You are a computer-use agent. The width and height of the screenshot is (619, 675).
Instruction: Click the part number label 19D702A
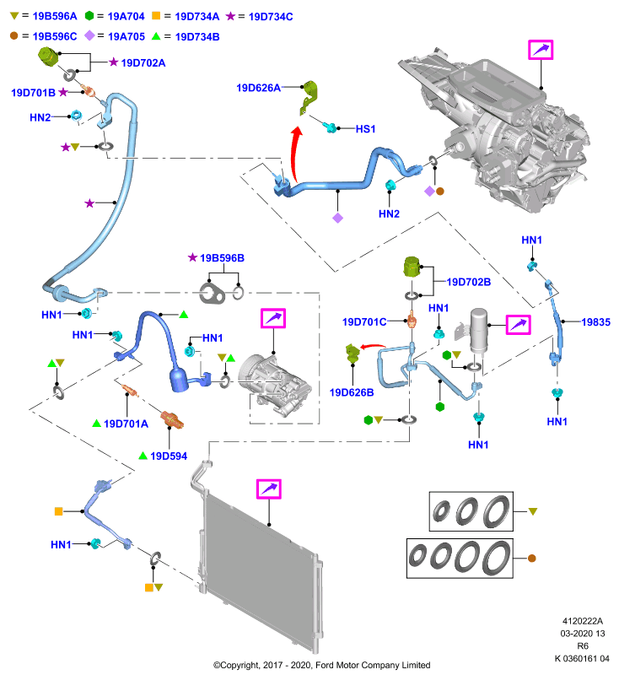click(143, 62)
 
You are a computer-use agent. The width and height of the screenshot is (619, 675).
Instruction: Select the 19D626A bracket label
click(259, 88)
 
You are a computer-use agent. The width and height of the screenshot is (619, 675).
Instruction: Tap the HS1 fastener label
click(365, 129)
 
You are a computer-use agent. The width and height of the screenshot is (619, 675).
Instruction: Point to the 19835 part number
click(595, 322)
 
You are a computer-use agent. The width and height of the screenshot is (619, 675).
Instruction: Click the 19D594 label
click(169, 456)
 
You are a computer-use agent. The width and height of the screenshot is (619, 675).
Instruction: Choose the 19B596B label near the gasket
click(222, 258)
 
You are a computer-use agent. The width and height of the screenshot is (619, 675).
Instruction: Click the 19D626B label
click(352, 392)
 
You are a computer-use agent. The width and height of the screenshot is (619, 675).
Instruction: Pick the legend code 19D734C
click(271, 17)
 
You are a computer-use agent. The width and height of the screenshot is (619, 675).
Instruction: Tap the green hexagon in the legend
click(89, 16)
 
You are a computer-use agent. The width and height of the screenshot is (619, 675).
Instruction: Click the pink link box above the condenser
click(269, 489)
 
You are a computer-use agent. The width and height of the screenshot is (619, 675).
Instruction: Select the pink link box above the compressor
click(273, 319)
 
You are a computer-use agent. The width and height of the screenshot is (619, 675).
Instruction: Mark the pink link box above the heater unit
click(541, 50)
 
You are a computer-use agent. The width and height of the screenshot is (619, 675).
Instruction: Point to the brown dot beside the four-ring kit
click(531, 559)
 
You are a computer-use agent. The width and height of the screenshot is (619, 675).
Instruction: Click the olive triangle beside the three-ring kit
click(533, 511)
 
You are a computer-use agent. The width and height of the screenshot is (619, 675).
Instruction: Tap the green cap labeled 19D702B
click(412, 267)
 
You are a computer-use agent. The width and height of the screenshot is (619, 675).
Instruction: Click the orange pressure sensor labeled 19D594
click(172, 419)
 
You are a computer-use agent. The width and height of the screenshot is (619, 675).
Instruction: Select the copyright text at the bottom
click(322, 665)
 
